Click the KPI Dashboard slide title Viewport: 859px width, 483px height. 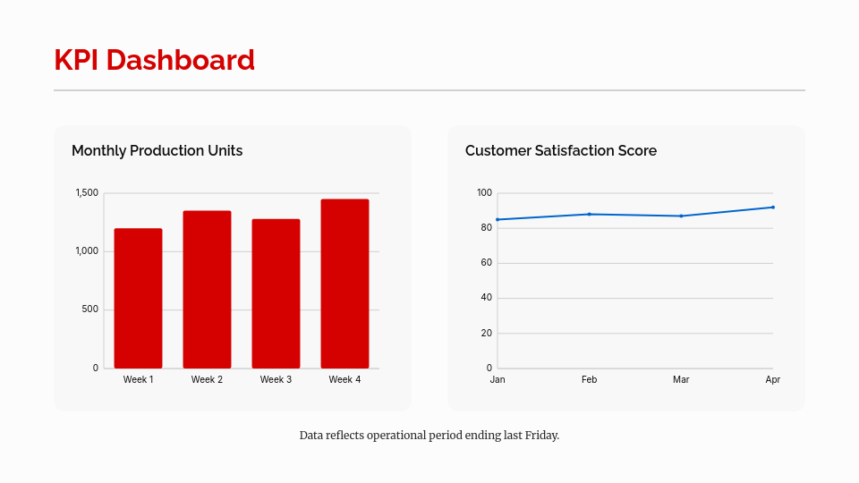click(x=154, y=60)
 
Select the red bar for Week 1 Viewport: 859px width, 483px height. click(x=138, y=298)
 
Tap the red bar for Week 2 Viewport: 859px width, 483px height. click(x=207, y=289)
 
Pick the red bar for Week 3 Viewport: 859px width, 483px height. click(x=276, y=293)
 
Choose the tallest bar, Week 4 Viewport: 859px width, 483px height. click(x=344, y=284)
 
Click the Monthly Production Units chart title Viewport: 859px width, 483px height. click(x=157, y=150)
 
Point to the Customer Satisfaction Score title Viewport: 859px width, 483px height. click(x=561, y=150)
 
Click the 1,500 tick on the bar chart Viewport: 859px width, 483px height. click(x=87, y=193)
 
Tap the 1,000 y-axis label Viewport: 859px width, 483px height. click(x=87, y=251)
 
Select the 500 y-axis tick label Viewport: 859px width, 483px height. click(x=89, y=309)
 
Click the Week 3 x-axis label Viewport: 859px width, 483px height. click(x=276, y=380)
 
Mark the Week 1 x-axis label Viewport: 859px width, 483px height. click(x=138, y=380)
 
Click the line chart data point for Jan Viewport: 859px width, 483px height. click(x=498, y=219)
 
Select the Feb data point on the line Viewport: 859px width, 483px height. click(x=589, y=214)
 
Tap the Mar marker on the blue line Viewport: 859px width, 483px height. click(x=681, y=216)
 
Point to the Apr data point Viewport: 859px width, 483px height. click(x=772, y=208)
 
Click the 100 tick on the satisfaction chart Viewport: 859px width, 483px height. click(x=484, y=193)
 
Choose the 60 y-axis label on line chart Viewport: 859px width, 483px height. click(x=486, y=263)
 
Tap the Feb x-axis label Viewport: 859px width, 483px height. click(x=589, y=380)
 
